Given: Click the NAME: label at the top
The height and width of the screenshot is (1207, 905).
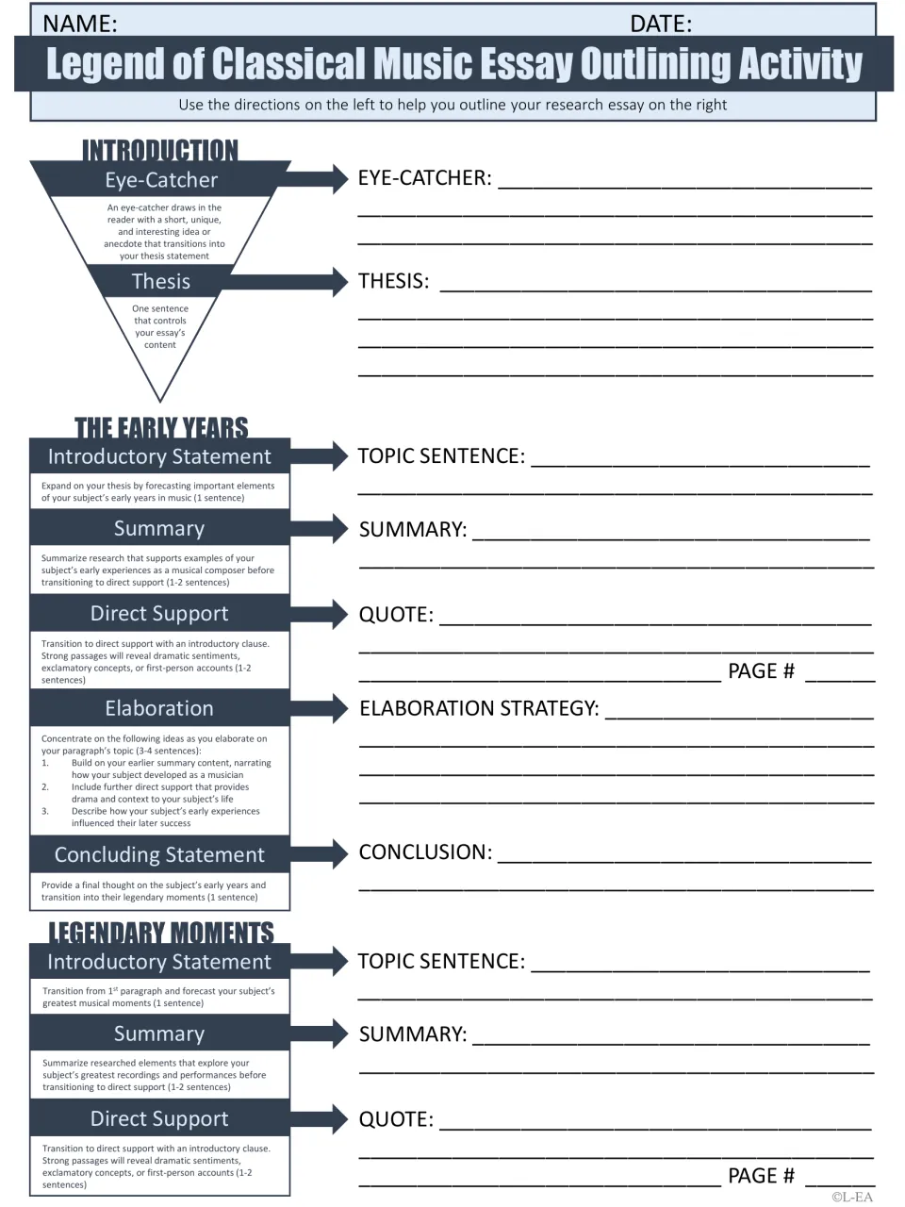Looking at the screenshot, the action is (x=80, y=24).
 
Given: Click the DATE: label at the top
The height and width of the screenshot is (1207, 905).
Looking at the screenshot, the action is (x=661, y=24).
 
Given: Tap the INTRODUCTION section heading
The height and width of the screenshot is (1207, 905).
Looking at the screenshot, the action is (x=160, y=150).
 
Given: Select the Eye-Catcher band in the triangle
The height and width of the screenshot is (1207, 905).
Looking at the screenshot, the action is (x=161, y=179).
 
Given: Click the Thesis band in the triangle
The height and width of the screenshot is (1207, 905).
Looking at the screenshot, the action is (x=160, y=281).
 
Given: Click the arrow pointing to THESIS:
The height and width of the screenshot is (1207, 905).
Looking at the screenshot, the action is (x=286, y=282).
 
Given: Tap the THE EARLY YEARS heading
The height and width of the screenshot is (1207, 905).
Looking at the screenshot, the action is (x=161, y=427).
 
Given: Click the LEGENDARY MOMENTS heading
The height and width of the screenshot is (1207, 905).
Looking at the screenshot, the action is (x=161, y=932).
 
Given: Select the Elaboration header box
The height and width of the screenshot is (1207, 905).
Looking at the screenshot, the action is (x=160, y=708).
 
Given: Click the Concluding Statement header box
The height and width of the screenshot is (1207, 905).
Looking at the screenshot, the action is (x=160, y=854).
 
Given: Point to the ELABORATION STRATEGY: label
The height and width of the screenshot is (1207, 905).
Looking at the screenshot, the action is (x=479, y=708).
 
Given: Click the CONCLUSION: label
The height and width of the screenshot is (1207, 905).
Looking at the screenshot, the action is (x=425, y=852).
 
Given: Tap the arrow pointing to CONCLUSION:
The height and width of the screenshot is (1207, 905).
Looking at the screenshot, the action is (x=320, y=853).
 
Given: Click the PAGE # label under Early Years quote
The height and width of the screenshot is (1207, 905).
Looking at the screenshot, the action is (x=761, y=670).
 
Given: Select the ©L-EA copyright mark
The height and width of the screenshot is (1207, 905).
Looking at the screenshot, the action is (x=851, y=1198).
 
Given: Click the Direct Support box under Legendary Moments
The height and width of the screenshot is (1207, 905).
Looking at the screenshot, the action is (x=160, y=1118).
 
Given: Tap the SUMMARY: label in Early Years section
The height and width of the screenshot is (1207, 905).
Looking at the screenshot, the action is (x=413, y=529).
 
